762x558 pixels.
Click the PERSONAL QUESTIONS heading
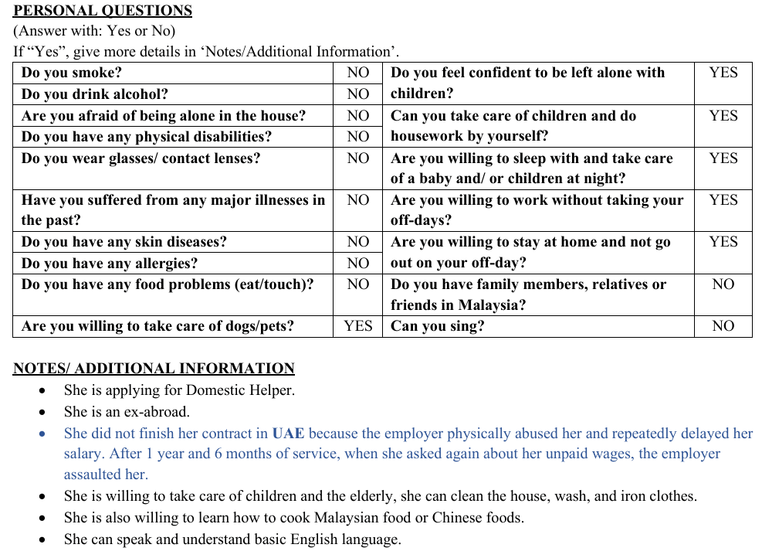pos(103,11)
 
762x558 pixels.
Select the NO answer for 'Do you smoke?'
pos(357,73)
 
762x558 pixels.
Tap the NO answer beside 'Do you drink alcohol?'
pos(357,94)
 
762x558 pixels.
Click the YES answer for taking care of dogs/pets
pos(357,325)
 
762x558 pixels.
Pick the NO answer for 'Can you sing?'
pos(723,325)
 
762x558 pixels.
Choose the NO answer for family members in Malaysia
pos(723,284)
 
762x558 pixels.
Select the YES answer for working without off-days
pos(723,200)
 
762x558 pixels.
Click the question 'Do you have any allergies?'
pos(110,263)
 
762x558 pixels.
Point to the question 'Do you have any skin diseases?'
pos(124,242)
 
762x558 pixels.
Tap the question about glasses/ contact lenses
pos(141,158)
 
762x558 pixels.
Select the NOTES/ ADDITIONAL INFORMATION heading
pos(154,369)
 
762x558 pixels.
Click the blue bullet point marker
pos(42,434)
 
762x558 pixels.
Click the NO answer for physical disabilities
pos(357,136)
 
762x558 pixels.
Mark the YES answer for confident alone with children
pos(723,73)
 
